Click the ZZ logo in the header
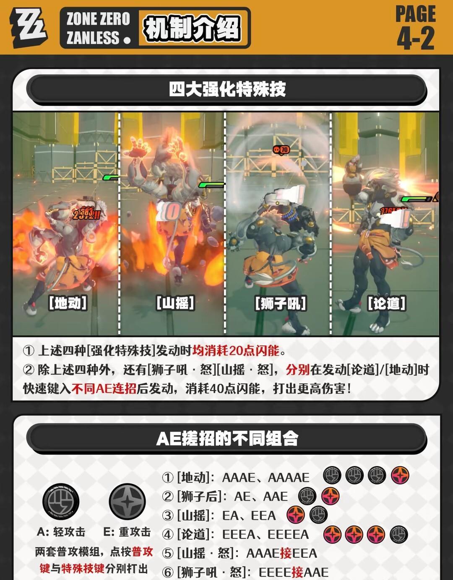(29, 28)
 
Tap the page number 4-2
(416, 39)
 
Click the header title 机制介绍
(192, 28)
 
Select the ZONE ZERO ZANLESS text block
(98, 28)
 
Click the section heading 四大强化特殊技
(227, 89)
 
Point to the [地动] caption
(68, 303)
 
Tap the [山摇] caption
(175, 303)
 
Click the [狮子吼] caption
(281, 303)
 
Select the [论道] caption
(387, 303)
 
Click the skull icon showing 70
(281, 150)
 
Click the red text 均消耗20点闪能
(236, 350)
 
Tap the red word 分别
(298, 370)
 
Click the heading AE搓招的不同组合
(227, 438)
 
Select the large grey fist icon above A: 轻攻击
(61, 502)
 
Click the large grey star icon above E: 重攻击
(128, 502)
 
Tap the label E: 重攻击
(127, 532)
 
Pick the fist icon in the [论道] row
(399, 534)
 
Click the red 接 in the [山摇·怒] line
(286, 553)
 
